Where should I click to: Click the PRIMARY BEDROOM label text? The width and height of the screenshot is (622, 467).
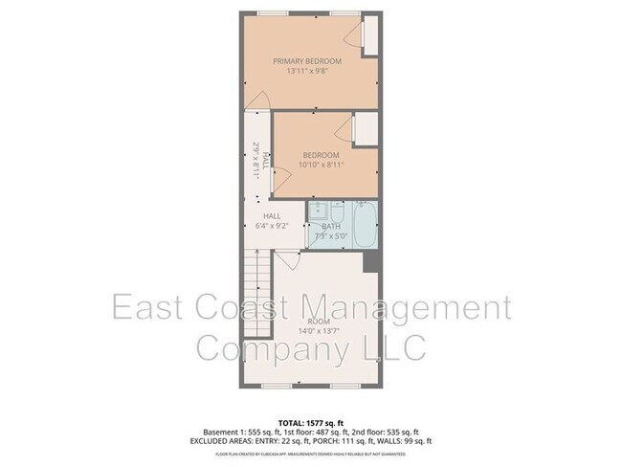click(x=307, y=60)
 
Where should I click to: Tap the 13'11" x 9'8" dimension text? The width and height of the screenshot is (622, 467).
click(x=307, y=70)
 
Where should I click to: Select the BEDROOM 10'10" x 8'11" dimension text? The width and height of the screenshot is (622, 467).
click(x=322, y=165)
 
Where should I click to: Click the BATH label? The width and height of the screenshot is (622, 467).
click(x=331, y=226)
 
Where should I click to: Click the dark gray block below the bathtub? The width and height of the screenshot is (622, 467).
click(x=372, y=260)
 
